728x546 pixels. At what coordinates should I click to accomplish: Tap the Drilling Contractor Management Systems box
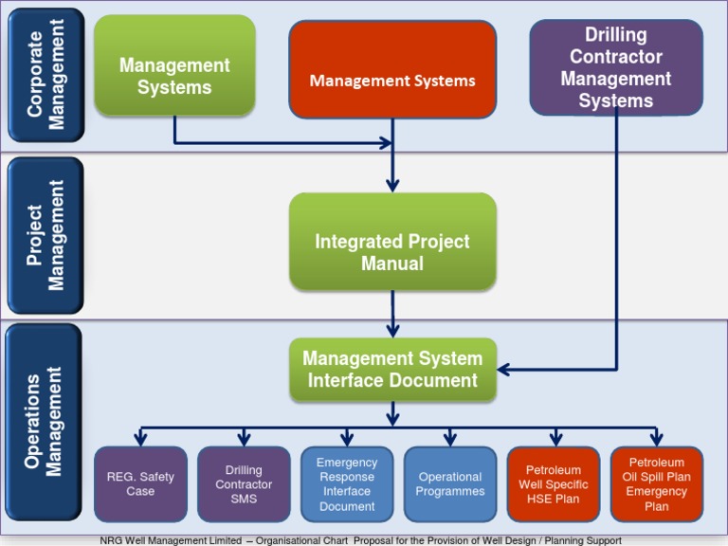616,67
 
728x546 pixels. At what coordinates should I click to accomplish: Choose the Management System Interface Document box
392,370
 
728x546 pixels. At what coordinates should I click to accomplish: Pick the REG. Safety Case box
140,483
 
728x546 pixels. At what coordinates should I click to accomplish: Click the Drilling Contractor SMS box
244,483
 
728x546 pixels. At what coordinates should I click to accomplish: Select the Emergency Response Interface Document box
347,483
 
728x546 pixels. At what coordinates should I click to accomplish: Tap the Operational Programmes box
450,483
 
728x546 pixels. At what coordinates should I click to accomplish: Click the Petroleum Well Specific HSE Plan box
554,483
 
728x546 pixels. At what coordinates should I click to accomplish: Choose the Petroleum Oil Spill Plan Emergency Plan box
656,483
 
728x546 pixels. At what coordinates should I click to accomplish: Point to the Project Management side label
45,236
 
